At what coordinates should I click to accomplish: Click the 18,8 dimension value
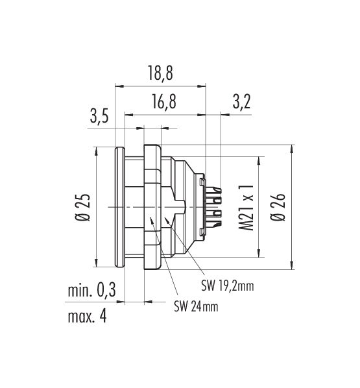(160, 73)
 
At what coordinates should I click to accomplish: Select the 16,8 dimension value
(164, 101)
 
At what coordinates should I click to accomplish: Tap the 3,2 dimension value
(241, 101)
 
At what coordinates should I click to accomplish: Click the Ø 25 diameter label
(83, 207)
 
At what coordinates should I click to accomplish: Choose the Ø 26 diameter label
(278, 207)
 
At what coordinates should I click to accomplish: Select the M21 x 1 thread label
(246, 208)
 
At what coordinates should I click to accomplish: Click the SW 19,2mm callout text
(228, 286)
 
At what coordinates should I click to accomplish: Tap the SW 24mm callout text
(196, 307)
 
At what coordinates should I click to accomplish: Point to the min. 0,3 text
(92, 290)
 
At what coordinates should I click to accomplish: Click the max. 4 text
(87, 316)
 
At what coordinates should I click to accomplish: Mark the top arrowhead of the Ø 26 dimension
(292, 149)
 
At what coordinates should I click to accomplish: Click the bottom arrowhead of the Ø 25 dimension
(96, 263)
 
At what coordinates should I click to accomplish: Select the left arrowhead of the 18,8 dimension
(119, 86)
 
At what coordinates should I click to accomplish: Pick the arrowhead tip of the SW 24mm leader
(150, 217)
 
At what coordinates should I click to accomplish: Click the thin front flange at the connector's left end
(120, 207)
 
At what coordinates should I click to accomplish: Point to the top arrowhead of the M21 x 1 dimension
(259, 161)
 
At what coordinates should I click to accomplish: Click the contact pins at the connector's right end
(214, 207)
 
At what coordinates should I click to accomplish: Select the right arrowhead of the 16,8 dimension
(201, 115)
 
